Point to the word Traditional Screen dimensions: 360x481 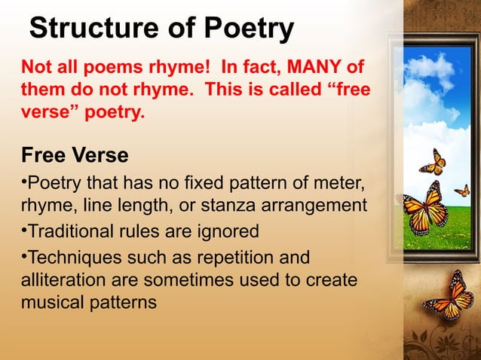click(x=74, y=230)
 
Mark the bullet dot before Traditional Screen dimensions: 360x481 click(x=23, y=229)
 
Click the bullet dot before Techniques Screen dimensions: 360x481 click(x=23, y=256)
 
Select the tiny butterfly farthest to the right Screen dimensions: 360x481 click(x=462, y=190)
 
